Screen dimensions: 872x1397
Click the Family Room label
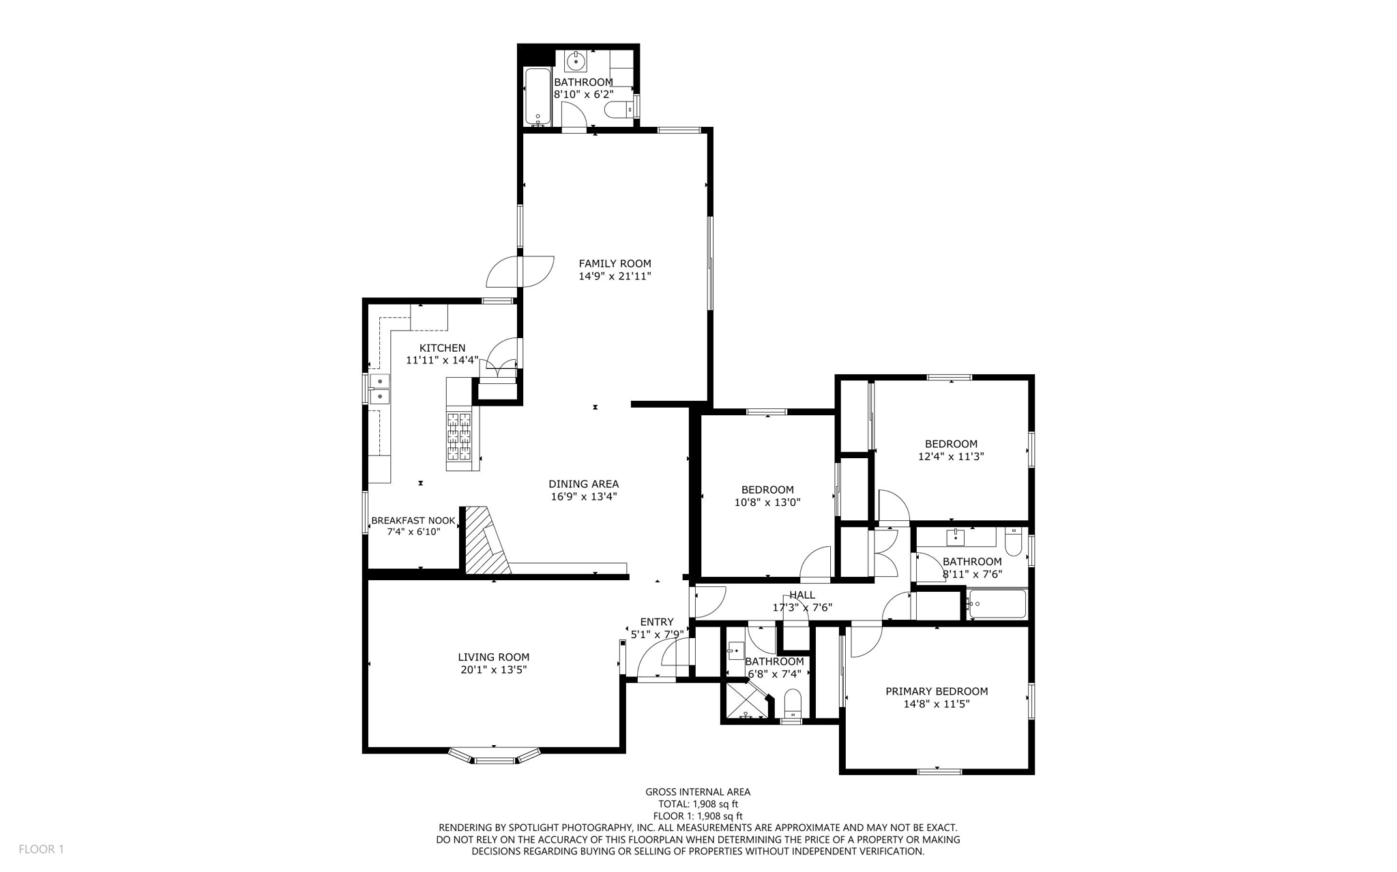(x=615, y=263)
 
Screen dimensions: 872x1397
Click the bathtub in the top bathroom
(x=538, y=96)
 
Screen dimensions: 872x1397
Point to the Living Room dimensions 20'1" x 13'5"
(x=493, y=670)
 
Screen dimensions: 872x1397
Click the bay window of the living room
(x=495, y=757)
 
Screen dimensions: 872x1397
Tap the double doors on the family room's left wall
(x=520, y=271)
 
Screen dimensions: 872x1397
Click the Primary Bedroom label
(x=936, y=691)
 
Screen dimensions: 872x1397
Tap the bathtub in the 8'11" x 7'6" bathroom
(x=997, y=604)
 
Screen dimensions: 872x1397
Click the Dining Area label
(x=583, y=484)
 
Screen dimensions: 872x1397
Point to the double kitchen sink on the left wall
(x=379, y=389)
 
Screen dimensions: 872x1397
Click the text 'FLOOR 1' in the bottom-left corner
(x=41, y=849)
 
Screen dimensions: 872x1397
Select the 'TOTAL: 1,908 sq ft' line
(x=698, y=804)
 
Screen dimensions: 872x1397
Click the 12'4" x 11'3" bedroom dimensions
(x=950, y=456)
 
